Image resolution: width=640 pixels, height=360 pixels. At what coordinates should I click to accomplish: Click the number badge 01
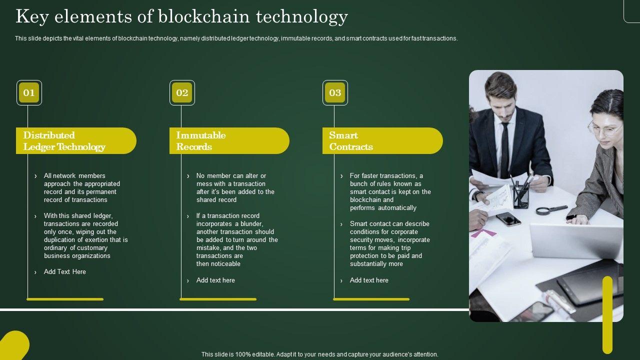[29, 92]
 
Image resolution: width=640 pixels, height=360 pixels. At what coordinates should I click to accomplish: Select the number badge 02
[182, 92]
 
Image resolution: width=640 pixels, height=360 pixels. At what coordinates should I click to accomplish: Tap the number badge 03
[335, 92]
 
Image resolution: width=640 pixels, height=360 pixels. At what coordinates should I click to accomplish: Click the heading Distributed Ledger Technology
[64, 141]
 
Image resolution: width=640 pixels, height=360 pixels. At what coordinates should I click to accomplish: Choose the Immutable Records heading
[201, 141]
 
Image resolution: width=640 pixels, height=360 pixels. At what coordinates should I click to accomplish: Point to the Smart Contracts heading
[351, 141]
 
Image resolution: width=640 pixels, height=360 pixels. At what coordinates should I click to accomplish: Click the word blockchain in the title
[204, 16]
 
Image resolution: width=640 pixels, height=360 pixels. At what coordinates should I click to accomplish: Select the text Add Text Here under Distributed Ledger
[65, 271]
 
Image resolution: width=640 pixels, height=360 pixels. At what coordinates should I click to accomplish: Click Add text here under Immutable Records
[215, 280]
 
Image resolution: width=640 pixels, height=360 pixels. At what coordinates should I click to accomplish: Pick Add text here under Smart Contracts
[369, 280]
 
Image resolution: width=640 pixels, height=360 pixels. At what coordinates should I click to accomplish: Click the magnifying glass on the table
[551, 210]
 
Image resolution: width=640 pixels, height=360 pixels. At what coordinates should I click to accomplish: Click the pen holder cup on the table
[521, 197]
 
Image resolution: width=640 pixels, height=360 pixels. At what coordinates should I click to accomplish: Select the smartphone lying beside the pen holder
[508, 219]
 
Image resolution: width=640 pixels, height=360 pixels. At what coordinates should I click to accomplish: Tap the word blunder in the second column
[251, 223]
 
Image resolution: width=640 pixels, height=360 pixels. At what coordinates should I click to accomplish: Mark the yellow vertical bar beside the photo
[607, 315]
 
